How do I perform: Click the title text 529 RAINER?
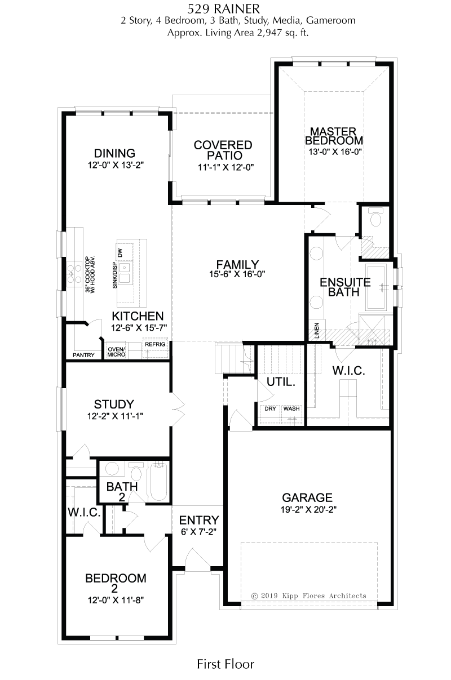(223, 9)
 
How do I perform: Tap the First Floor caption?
(225, 664)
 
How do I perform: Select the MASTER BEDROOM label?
(334, 136)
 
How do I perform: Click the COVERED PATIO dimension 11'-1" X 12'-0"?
(226, 167)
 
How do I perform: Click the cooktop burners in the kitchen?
(74, 274)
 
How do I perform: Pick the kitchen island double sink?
(124, 273)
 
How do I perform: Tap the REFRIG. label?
(156, 344)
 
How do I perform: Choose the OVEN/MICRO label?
(116, 352)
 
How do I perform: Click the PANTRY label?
(83, 355)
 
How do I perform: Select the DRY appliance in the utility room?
(270, 414)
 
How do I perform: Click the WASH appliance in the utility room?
(292, 414)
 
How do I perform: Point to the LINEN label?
(317, 331)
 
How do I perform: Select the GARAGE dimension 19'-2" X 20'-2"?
(308, 509)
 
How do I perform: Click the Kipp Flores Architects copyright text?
(308, 595)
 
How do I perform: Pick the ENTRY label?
(199, 520)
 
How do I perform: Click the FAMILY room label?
(237, 264)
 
